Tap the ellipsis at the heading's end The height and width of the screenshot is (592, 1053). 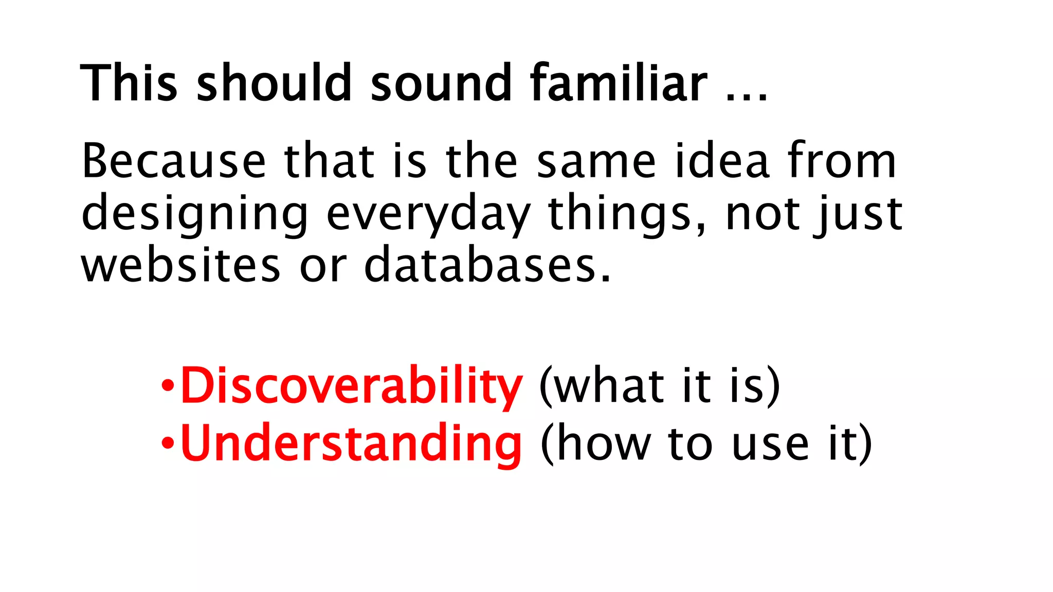click(x=747, y=96)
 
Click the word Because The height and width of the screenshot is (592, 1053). click(x=174, y=161)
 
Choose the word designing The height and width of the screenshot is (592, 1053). click(x=194, y=215)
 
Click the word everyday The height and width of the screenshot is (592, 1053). click(x=428, y=215)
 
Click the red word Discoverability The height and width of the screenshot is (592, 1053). click(x=351, y=385)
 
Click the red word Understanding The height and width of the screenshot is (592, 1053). click(x=351, y=443)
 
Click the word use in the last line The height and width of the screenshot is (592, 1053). click(x=770, y=444)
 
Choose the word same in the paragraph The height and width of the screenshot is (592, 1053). click(x=596, y=162)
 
